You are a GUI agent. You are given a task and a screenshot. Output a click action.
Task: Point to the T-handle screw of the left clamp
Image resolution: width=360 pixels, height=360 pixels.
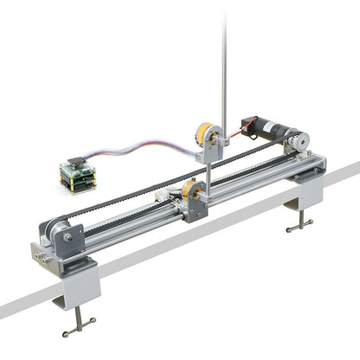pyautogui.click(x=79, y=327)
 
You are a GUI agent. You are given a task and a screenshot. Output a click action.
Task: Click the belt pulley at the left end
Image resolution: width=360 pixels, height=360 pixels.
pyautogui.click(x=57, y=232)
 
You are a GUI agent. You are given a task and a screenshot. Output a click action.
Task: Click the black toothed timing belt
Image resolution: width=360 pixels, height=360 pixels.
pyautogui.click(x=130, y=198)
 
